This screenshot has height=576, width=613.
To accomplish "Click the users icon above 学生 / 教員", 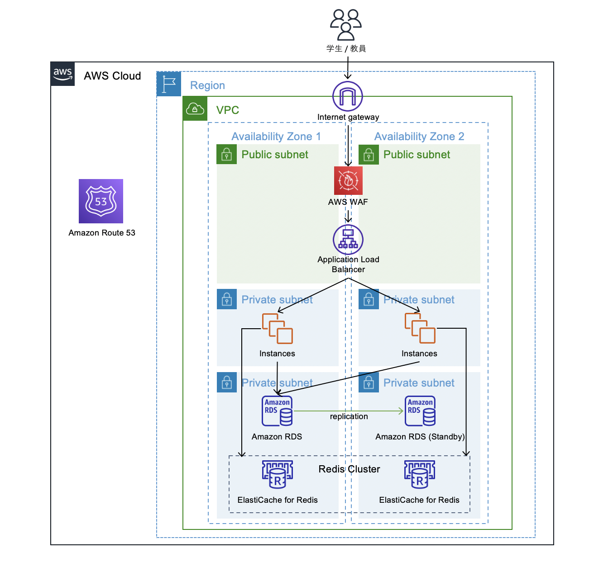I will coord(346,25).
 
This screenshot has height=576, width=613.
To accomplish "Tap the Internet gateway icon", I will coord(348,96).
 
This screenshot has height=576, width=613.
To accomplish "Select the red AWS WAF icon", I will coord(348,180).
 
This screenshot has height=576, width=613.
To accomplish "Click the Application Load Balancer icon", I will coord(348,240).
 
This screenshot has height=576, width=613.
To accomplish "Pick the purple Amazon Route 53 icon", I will coord(101,201).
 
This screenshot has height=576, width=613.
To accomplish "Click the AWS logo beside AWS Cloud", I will coord(62,74).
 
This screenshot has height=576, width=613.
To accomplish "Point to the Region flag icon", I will coord(169,84).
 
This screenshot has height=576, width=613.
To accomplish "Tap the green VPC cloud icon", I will coord(195,109).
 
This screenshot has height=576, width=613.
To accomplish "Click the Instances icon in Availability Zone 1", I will coord(277,329).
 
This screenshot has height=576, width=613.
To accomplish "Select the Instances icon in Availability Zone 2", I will coord(420,329).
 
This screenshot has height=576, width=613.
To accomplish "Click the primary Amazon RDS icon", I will coord(277,411).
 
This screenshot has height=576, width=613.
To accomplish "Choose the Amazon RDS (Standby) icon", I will coord(420,411).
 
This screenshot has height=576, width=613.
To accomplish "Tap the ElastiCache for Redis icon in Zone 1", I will coord(278,474).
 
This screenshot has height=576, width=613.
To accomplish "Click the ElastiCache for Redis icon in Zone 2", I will coord(420,474).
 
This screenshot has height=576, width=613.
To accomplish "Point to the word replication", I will coord(349,416).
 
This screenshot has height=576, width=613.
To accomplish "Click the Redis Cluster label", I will coord(349,469).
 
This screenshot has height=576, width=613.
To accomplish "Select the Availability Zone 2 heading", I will coord(419,137).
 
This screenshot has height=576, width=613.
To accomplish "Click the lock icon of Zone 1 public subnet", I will coord(227,155).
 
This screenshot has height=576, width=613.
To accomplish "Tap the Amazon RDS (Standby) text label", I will coord(420,437).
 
